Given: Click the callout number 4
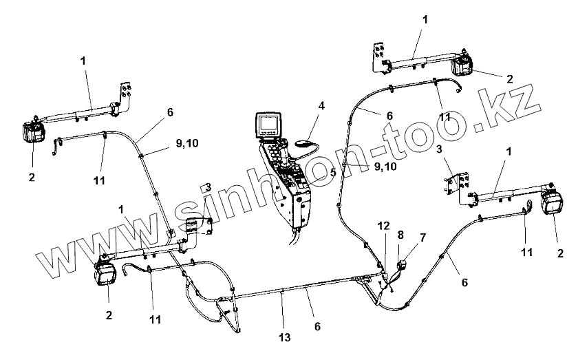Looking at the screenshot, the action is pos(321,106).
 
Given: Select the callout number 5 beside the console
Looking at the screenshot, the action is pos(332,173).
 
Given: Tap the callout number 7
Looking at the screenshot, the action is pos(422,237).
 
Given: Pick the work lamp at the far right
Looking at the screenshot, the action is pos(553,204).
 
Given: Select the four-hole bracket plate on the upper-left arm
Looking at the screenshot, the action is pos(125,96).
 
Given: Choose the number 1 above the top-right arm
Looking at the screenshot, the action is pos(425,20).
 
